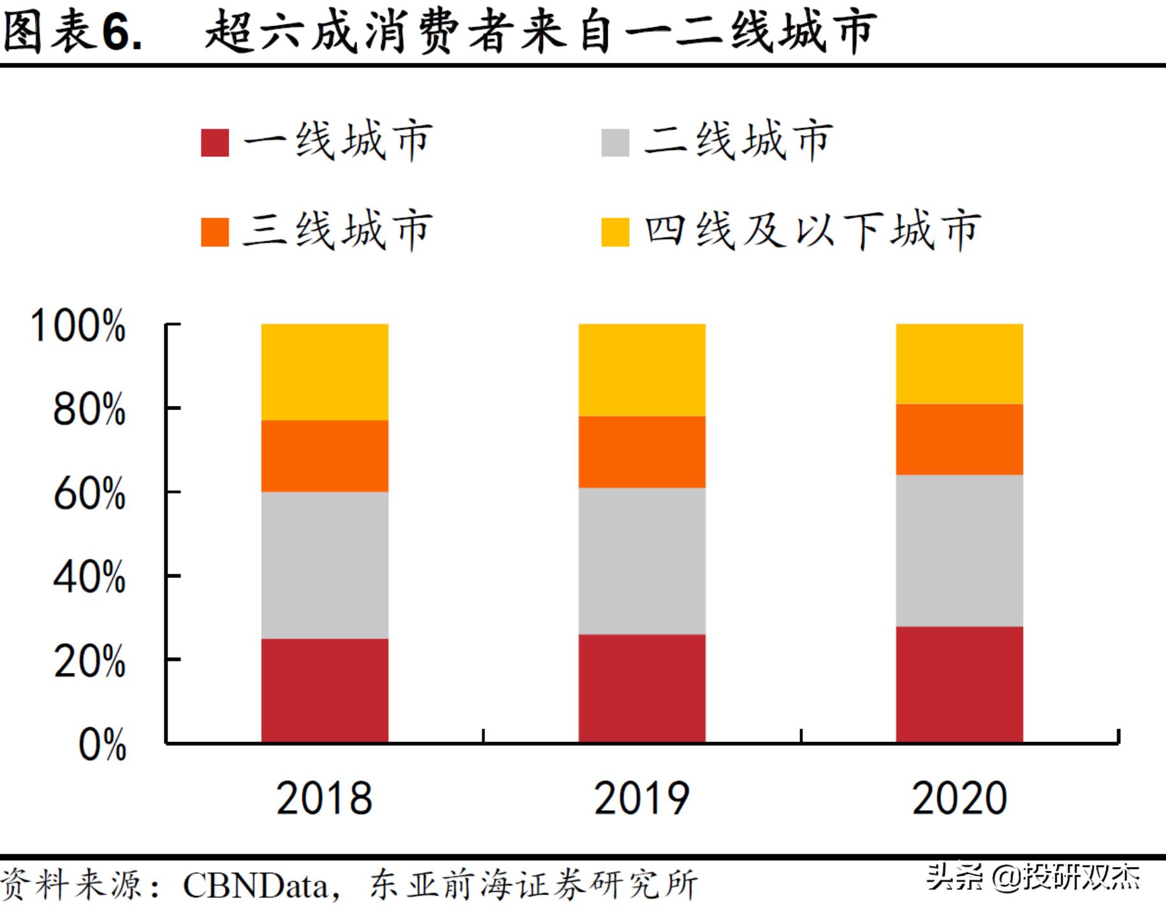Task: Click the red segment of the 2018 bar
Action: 324,690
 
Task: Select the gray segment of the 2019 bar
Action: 642,560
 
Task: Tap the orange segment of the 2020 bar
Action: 959,439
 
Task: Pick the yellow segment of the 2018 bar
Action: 324,372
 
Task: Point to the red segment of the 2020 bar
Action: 959,684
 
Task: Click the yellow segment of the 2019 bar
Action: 642,370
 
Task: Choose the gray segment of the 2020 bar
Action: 959,550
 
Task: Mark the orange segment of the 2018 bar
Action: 324,455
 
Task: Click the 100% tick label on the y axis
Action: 78,326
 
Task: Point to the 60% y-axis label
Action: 89,493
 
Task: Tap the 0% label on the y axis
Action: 102,744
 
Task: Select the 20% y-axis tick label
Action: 89,661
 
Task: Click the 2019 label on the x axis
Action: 641,798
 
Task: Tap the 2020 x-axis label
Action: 959,798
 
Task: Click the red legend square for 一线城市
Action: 215,142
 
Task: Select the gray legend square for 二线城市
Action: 615,142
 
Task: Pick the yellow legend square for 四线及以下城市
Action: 615,231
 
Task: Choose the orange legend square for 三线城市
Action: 215,231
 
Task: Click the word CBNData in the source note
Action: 255,885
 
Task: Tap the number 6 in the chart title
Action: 117,32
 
